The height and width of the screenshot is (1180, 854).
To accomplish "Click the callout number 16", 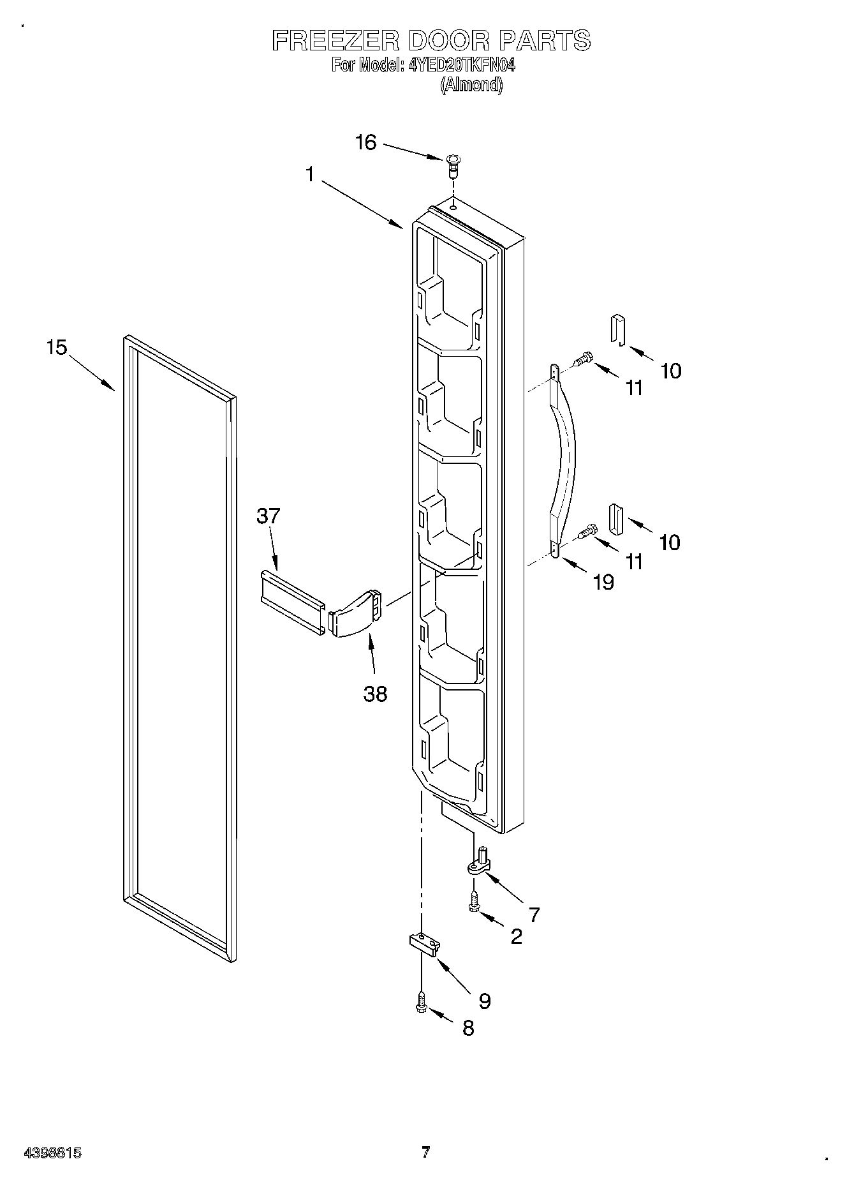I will click(365, 142).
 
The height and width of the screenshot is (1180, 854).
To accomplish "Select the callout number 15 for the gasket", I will click(56, 348).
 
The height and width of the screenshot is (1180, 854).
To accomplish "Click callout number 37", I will click(268, 516).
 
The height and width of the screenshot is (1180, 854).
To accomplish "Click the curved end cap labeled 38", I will click(356, 614).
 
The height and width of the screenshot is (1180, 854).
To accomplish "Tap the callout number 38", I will click(375, 694).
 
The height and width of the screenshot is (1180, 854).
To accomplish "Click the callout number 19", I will click(603, 581).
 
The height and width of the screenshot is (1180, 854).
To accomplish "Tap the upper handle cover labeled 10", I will click(616, 329).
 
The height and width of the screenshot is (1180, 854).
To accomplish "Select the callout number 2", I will click(516, 936).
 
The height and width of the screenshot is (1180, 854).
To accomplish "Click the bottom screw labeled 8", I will click(420, 1004).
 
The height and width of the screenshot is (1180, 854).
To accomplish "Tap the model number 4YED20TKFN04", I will click(460, 65).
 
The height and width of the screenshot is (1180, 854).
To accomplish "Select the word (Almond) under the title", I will click(471, 85).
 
